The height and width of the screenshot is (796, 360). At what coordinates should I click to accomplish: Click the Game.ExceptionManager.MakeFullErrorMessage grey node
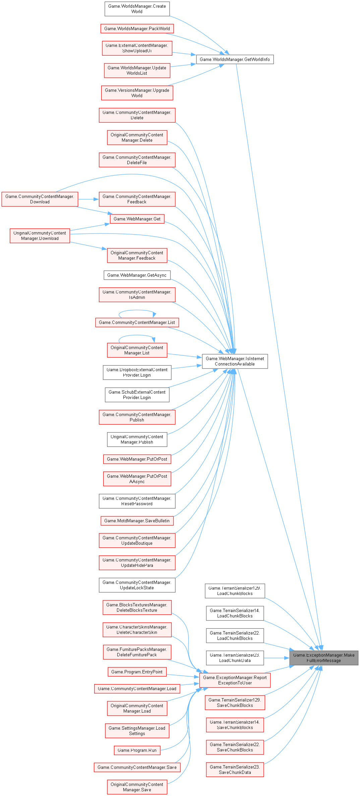[x=324, y=658]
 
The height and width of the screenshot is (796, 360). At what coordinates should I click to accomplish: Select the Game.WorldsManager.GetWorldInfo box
[x=235, y=59]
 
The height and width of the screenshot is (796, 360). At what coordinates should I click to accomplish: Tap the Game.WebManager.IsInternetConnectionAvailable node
[x=235, y=361]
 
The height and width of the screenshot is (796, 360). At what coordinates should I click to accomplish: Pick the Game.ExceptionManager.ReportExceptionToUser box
[x=235, y=680]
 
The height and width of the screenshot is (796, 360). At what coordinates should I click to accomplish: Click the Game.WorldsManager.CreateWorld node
[x=137, y=9]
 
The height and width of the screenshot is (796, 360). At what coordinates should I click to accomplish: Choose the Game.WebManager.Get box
[x=137, y=219]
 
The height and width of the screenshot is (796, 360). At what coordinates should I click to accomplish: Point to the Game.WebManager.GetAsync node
[x=137, y=275]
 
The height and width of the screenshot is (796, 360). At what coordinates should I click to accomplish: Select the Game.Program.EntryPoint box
[x=137, y=672]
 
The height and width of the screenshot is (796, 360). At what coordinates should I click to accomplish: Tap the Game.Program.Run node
[x=137, y=750]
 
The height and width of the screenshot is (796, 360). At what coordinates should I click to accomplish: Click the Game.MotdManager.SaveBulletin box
[x=137, y=521]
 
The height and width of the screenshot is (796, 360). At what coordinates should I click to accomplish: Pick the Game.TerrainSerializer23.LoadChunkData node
[x=235, y=658]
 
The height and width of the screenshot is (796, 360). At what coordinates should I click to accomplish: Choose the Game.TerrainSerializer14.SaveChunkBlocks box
[x=235, y=725]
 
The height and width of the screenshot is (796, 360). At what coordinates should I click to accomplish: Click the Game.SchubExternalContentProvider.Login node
[x=137, y=395]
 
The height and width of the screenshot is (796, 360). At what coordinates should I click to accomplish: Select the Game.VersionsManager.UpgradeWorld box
[x=137, y=93]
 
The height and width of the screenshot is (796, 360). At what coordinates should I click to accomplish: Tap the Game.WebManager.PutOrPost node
[x=137, y=459]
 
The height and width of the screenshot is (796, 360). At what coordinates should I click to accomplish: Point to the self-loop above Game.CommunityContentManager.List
[x=137, y=310]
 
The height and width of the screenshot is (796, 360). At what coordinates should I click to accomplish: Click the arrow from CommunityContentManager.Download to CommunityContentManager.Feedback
[x=88, y=199]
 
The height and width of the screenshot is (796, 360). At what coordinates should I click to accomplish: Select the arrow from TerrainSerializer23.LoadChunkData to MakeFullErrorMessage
[x=276, y=658]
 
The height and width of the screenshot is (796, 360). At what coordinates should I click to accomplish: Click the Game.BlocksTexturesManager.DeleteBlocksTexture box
[x=137, y=607]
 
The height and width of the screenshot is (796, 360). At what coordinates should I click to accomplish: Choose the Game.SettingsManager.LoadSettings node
[x=137, y=731]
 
